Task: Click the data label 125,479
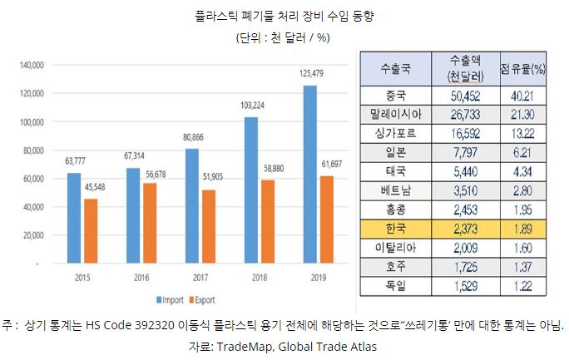click(309, 75)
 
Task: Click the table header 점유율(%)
click(522, 68)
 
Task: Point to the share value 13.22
click(522, 133)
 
